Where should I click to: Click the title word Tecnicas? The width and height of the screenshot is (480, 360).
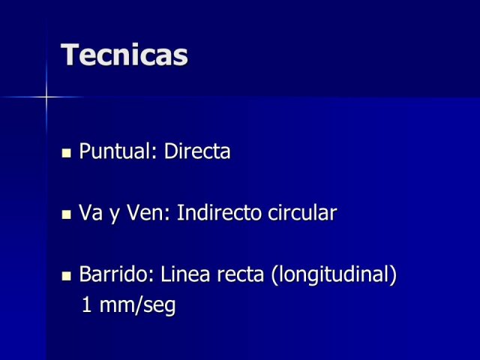[124, 55]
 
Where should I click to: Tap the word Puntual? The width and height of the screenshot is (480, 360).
[115, 151]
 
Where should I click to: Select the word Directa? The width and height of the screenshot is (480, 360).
[197, 151]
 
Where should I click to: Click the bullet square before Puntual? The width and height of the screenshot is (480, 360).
[66, 153]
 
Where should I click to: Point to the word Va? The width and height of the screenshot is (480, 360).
[91, 212]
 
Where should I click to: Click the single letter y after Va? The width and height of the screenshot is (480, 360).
[115, 215]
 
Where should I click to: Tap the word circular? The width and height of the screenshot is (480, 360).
[302, 212]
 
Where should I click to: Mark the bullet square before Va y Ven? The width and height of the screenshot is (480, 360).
[66, 214]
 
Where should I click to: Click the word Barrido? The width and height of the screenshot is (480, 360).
[116, 274]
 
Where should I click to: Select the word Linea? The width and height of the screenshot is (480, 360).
[185, 274]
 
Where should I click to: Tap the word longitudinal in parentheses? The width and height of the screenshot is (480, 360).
[334, 274]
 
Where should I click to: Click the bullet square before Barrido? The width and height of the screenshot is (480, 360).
[66, 276]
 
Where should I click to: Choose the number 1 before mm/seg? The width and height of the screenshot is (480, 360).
[87, 304]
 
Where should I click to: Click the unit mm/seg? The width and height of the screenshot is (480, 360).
[137, 305]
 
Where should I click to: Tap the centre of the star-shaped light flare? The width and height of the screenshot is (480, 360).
[46, 97]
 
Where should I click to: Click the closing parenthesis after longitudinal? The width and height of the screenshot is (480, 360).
[393, 275]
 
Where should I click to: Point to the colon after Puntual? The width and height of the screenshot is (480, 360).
[154, 152]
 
